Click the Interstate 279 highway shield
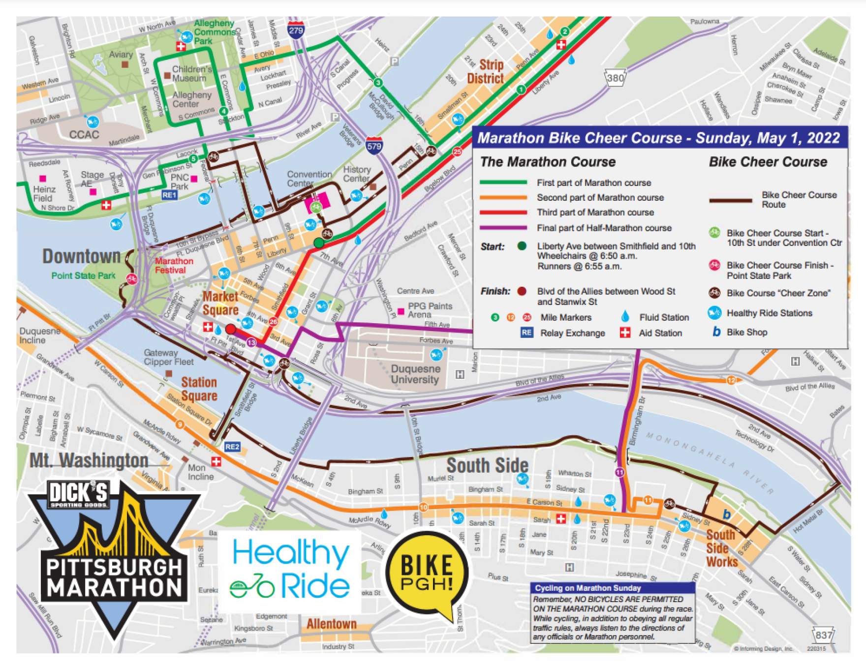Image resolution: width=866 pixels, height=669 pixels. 296,30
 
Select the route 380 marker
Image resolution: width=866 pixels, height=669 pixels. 615,78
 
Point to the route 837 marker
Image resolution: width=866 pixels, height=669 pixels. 824,635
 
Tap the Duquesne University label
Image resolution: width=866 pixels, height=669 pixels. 415,374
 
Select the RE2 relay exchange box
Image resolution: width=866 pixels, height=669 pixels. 232,447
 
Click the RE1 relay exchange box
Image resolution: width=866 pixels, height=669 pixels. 169,195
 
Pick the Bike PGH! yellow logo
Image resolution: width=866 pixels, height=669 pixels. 427,573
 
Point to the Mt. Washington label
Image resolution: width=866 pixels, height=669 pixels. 89,460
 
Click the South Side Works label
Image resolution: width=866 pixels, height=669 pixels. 721,548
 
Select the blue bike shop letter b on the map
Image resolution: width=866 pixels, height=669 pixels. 726,515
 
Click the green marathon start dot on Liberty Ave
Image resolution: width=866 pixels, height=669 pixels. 319,243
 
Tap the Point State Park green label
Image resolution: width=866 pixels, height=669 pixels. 83,275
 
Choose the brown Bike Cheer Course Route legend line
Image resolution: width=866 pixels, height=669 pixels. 730,200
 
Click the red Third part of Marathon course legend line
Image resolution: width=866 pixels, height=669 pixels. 503,213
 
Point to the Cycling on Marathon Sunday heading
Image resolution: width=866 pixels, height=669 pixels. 588,588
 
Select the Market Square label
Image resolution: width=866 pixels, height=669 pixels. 220,303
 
